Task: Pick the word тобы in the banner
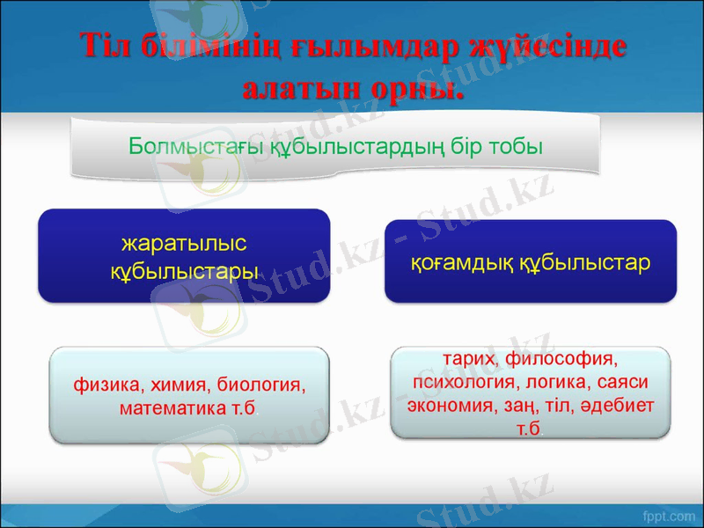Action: (511, 145)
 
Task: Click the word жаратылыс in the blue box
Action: (184, 242)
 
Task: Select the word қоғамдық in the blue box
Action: (461, 262)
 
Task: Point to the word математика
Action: (172, 408)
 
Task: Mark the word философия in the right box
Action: (562, 361)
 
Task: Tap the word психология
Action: (458, 384)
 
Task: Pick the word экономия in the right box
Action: (448, 407)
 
